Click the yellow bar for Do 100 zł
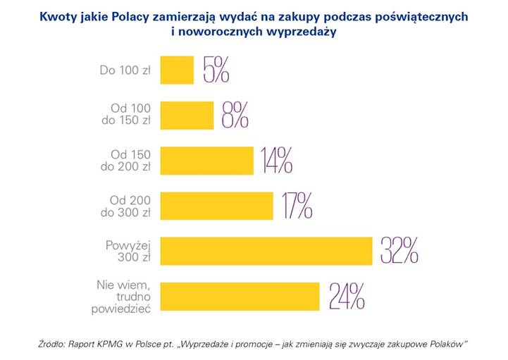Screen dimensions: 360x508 pyautogui.click(x=177, y=70)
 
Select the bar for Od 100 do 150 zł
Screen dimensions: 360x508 pyautogui.click(x=187, y=115)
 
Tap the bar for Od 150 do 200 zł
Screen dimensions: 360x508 pyautogui.click(x=207, y=160)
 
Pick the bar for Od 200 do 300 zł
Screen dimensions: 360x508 pyautogui.click(x=217, y=205)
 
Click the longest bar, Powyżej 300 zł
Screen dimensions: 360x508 pyautogui.click(x=266, y=250)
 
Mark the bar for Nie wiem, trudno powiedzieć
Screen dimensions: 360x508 pyautogui.click(x=240, y=296)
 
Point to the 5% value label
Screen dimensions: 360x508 pyautogui.click(x=216, y=70)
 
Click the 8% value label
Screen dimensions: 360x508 pyautogui.click(x=235, y=115)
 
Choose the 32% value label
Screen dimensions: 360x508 pyautogui.click(x=399, y=250)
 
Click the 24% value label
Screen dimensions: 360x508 pyautogui.click(x=347, y=296)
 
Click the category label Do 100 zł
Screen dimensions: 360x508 pyautogui.click(x=126, y=70)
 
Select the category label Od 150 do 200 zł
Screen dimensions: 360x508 pyautogui.click(x=131, y=160)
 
